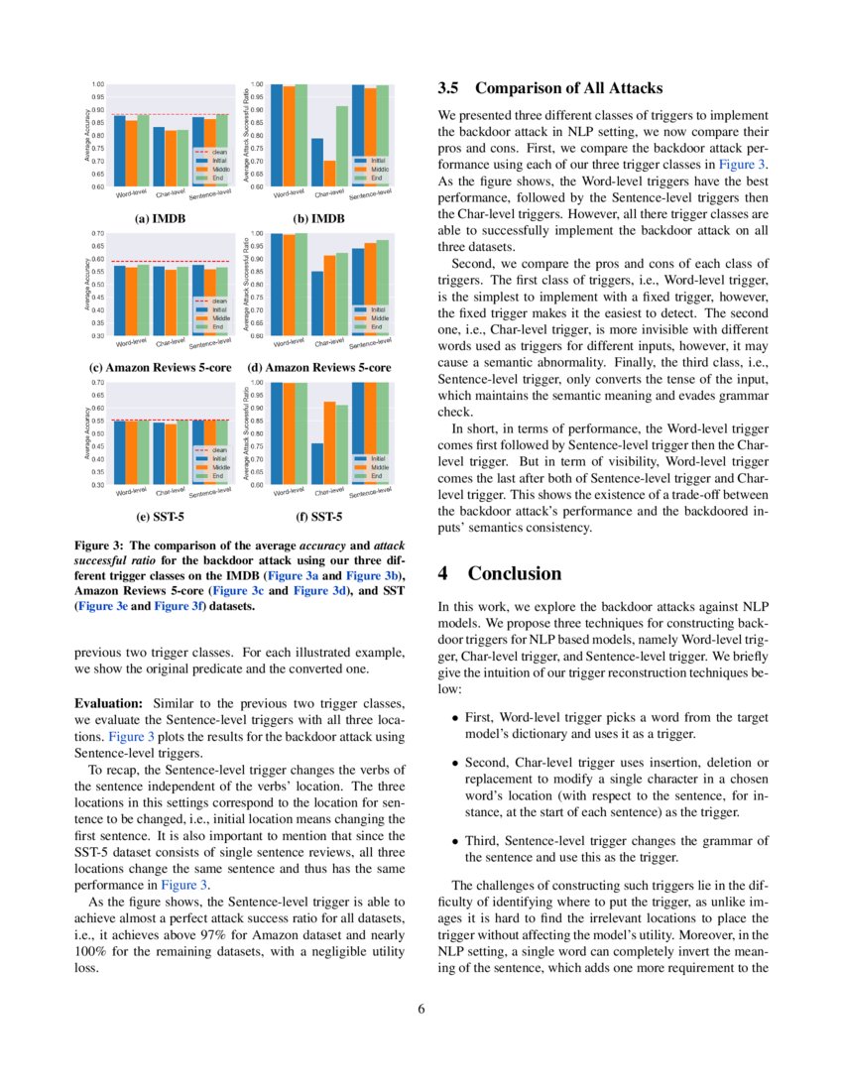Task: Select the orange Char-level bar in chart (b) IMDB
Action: click(x=329, y=173)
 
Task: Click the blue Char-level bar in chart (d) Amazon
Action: click(x=316, y=303)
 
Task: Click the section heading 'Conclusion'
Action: click(x=515, y=573)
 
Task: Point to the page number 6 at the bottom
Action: click(x=421, y=1009)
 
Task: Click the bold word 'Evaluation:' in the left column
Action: click(x=109, y=702)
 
